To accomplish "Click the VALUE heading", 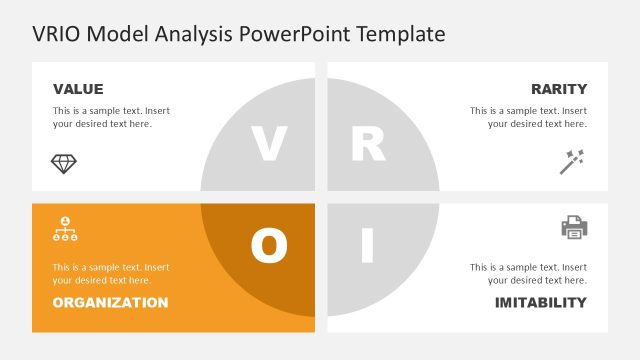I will (x=78, y=89).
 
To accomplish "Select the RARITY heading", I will (x=559, y=89).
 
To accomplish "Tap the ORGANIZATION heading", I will (x=110, y=302).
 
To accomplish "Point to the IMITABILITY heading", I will (x=540, y=302).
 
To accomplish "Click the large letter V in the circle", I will (x=268, y=144).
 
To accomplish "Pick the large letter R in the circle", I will (x=367, y=144).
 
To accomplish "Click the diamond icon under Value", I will (x=64, y=163).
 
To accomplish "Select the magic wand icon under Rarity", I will (x=571, y=161).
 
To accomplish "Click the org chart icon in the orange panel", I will (x=64, y=229).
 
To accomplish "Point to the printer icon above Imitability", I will (x=574, y=228).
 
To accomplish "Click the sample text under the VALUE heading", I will (x=111, y=117).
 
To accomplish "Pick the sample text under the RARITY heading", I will (x=528, y=117).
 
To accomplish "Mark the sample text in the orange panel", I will (x=111, y=274).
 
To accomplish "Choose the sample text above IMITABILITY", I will (x=528, y=274).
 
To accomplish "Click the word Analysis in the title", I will (x=197, y=34).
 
